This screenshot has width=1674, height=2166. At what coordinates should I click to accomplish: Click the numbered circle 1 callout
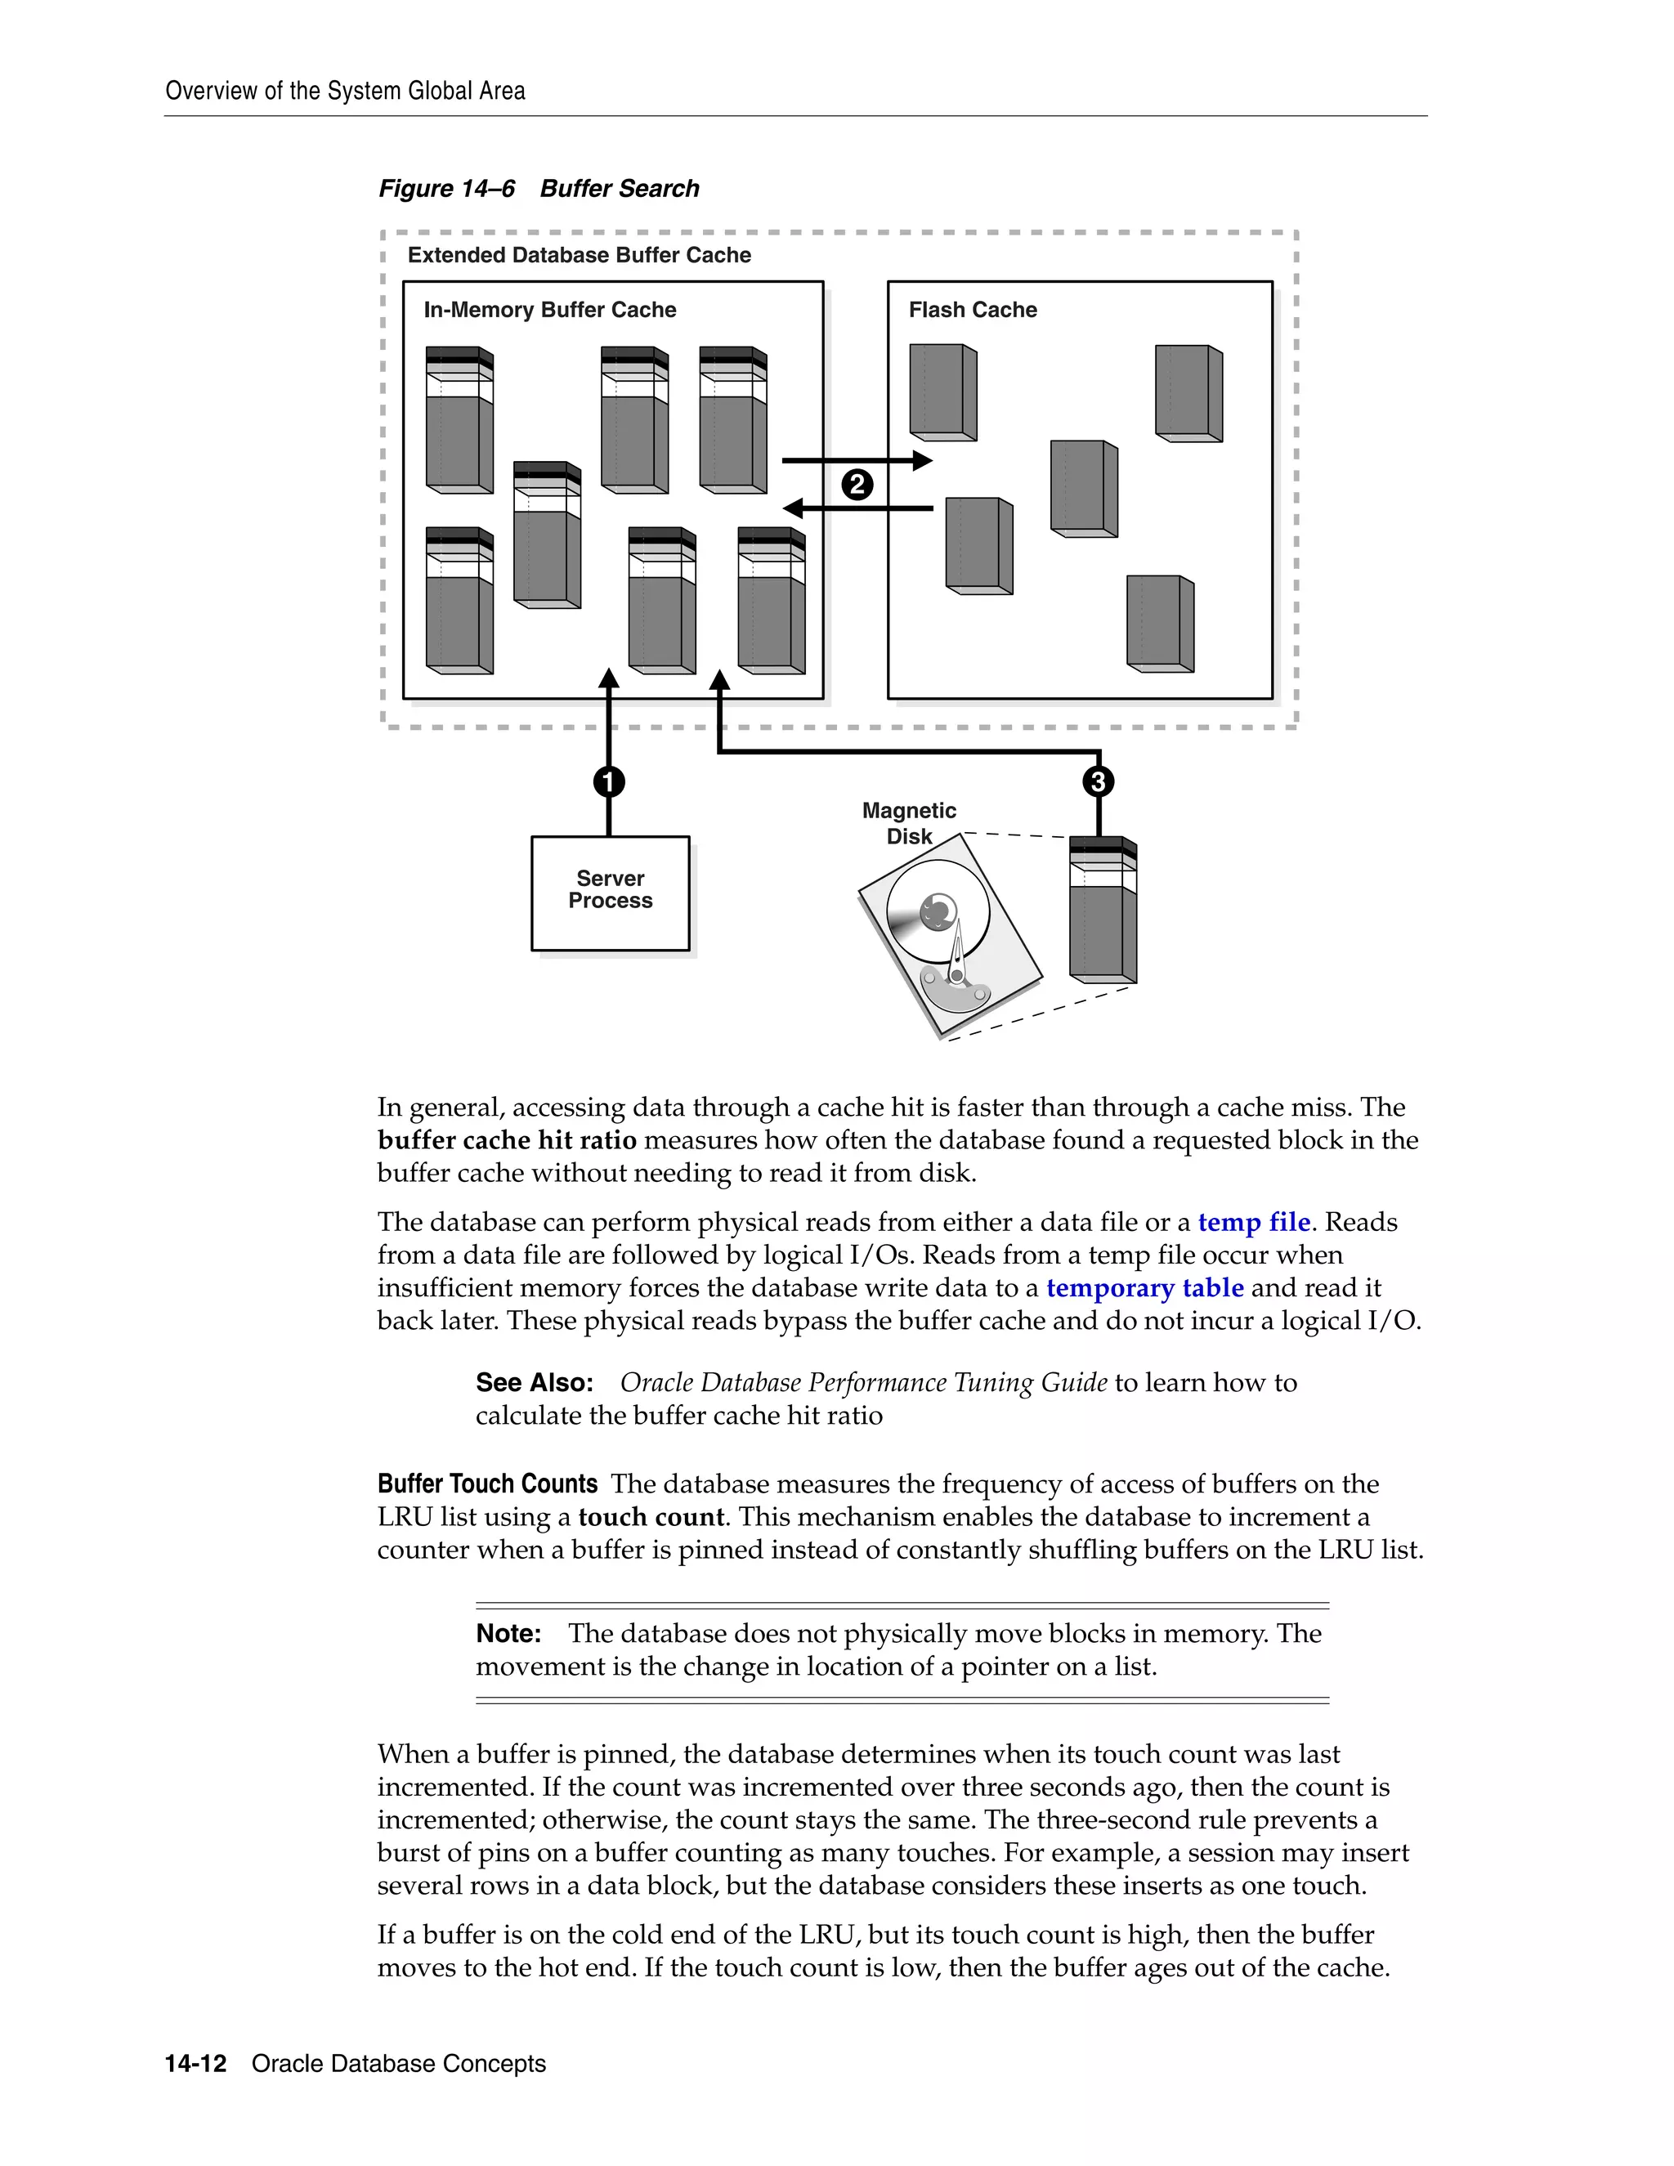click(x=609, y=781)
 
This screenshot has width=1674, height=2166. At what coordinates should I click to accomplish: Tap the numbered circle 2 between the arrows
click(x=857, y=485)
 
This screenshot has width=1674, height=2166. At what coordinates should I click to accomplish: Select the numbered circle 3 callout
click(x=1098, y=781)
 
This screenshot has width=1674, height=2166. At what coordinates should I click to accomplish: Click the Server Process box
click(x=610, y=893)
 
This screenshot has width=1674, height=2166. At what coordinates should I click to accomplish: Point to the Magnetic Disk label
click(x=908, y=823)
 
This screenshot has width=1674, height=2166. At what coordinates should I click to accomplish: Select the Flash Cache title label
click(x=972, y=310)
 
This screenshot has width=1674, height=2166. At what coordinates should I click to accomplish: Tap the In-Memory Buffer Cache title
click(x=549, y=310)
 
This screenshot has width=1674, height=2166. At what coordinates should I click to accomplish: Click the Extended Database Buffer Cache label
click(x=580, y=255)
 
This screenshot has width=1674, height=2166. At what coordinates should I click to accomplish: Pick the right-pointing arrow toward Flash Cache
click(x=857, y=460)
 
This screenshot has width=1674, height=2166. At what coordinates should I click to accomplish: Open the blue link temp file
click(x=1254, y=1222)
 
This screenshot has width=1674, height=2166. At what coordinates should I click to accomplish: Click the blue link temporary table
click(x=1144, y=1287)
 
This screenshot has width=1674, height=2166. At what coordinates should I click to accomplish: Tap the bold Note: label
click(x=508, y=1633)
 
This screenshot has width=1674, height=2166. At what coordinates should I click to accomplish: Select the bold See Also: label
click(x=535, y=1382)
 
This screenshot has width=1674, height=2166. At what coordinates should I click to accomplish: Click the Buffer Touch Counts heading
click(x=487, y=1484)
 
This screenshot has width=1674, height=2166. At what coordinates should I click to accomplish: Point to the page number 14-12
click(x=195, y=2064)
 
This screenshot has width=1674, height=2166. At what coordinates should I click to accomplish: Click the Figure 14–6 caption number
click(x=446, y=189)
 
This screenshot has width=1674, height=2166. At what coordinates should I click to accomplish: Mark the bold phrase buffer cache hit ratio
click(x=507, y=1139)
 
